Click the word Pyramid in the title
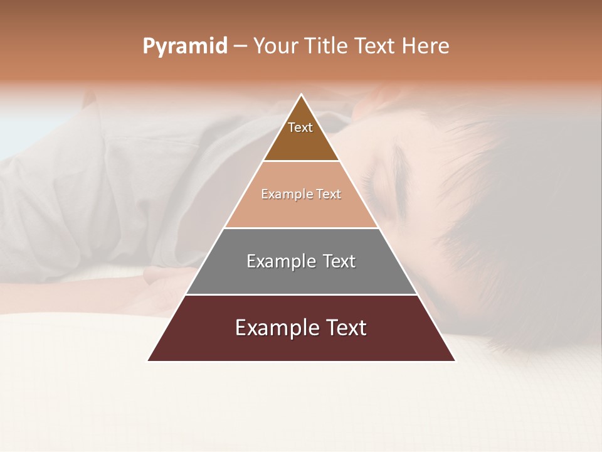click(184, 46)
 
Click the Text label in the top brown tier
click(300, 127)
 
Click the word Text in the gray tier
click(339, 261)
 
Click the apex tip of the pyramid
click(302, 95)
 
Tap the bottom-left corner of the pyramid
click(149, 360)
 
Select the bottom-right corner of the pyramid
click(455, 360)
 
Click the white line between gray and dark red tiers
click(301, 294)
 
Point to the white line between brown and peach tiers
click(301, 161)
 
